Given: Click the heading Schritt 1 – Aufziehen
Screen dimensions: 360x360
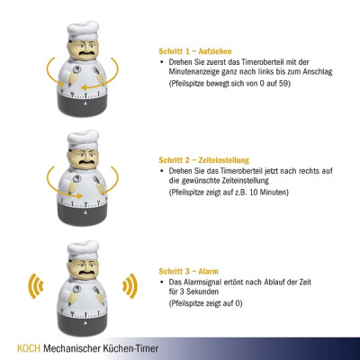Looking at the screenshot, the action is click(195, 51).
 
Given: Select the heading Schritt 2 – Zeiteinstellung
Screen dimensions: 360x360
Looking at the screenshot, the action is click(204, 160).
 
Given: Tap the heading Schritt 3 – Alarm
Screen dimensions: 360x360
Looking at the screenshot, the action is click(188, 271).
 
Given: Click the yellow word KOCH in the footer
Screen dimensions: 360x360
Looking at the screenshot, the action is click(29, 348).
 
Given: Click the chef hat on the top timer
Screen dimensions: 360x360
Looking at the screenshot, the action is click(83, 31).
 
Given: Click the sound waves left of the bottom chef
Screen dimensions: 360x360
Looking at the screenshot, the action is click(36, 286).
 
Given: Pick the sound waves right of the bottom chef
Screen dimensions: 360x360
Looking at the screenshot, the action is click(130, 286).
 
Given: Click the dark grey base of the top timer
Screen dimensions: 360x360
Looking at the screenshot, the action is click(83, 104).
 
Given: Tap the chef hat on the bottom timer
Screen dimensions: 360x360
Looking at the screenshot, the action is click(83, 250).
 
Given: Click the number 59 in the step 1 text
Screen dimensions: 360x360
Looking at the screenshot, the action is click(283, 84).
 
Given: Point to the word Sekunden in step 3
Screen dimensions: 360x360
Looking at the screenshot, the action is click(203, 292).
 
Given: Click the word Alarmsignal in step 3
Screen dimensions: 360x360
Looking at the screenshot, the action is click(202, 283).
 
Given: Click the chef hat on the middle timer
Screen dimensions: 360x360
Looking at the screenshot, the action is click(83, 139).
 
